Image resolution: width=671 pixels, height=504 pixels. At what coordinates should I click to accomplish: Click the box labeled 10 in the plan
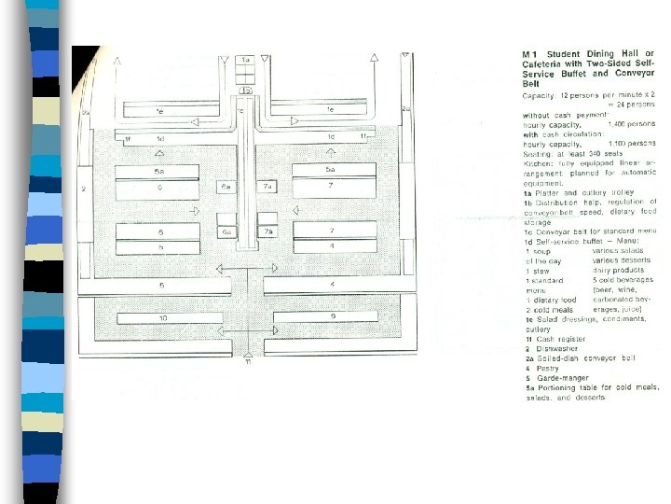coord(163,318)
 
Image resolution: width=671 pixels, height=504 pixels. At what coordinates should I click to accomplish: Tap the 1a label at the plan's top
coord(246,60)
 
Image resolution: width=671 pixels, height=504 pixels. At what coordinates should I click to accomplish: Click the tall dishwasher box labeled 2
coord(84,189)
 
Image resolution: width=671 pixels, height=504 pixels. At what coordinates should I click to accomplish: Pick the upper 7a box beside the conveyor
coord(267,188)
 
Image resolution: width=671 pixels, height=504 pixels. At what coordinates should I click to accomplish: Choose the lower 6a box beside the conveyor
coord(226,231)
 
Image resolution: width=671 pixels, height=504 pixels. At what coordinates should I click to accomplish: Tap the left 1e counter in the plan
coord(160,110)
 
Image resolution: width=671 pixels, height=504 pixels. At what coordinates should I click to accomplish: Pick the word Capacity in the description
coord(538,94)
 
